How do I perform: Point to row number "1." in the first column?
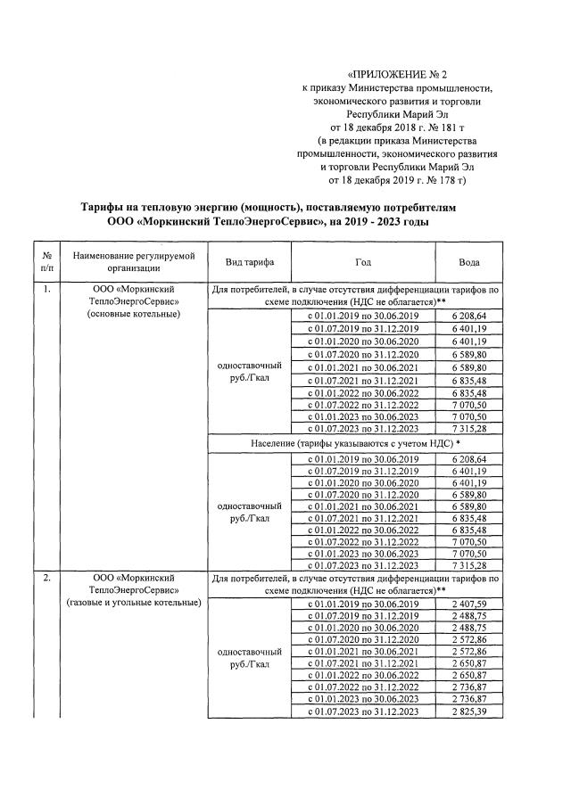[46, 290]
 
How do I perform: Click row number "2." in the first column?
[46, 579]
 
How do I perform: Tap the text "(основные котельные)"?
[133, 314]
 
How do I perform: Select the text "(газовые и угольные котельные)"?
[133, 603]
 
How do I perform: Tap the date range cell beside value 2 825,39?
[362, 711]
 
